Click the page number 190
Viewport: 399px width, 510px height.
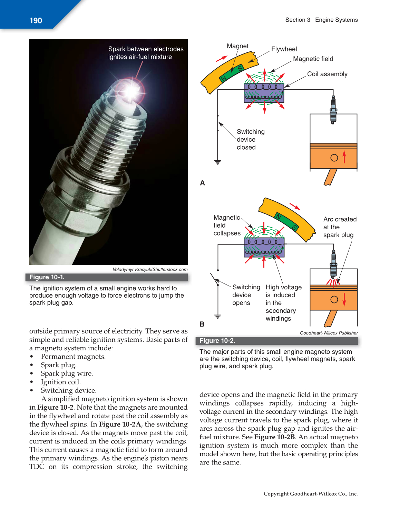tap(36, 21)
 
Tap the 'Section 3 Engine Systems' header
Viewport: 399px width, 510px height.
tap(321, 20)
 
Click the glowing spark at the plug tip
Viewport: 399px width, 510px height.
tap(132, 91)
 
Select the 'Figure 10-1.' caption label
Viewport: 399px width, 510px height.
tap(47, 277)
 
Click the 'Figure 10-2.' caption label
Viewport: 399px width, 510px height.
tap(217, 341)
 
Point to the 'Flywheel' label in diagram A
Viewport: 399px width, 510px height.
tap(284, 49)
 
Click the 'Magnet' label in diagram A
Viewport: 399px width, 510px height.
tap(237, 46)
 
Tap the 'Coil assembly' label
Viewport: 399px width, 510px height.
tap(327, 74)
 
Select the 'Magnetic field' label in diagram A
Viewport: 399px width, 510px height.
tap(313, 59)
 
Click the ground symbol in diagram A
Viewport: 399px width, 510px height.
tap(217, 162)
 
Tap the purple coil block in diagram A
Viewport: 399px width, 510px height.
tap(264, 93)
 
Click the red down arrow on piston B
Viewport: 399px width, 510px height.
tap(344, 299)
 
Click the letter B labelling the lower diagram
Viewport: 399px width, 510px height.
tap(202, 324)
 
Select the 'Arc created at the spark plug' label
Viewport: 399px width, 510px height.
tap(340, 227)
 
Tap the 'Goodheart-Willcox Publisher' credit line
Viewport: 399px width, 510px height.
tap(329, 333)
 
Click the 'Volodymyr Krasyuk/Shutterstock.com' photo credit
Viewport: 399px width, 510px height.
tap(150, 270)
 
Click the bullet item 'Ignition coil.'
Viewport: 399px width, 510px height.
tap(60, 382)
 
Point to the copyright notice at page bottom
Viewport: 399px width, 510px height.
tap(310, 494)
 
